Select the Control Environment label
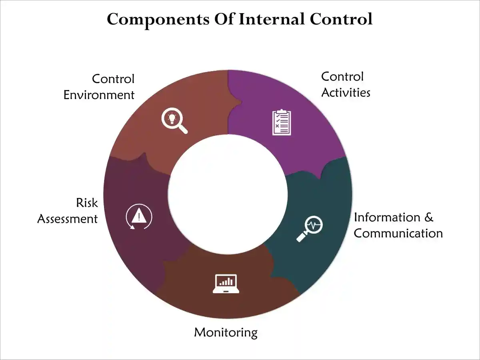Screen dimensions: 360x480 pyautogui.click(x=99, y=86)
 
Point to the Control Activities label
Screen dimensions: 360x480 pyautogui.click(x=346, y=84)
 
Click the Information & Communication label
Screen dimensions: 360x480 pyautogui.click(x=398, y=225)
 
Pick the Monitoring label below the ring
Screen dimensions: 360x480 pyautogui.click(x=226, y=332)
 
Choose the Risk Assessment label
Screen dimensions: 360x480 pyautogui.click(x=68, y=210)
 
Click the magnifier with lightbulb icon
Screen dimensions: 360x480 pyautogui.click(x=174, y=121)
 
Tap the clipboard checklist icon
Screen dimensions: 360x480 pyautogui.click(x=282, y=122)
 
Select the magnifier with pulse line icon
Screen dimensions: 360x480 pyautogui.click(x=309, y=228)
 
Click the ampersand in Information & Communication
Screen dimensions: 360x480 pyautogui.click(x=428, y=217)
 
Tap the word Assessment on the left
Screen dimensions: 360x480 pyautogui.click(x=68, y=219)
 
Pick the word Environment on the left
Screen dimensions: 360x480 pyautogui.click(x=99, y=95)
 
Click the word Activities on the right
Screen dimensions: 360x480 pyautogui.click(x=346, y=92)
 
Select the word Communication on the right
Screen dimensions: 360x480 pyautogui.click(x=398, y=233)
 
